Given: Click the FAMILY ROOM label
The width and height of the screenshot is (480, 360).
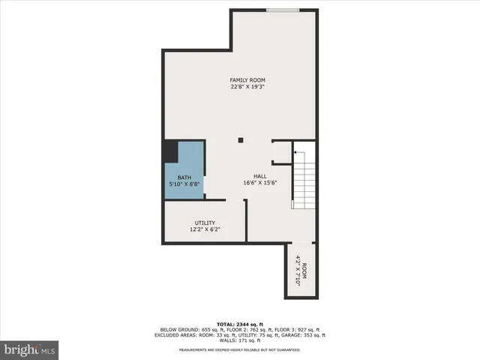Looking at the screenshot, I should coord(247,80).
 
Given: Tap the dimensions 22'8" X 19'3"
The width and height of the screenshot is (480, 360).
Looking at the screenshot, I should coord(247,87).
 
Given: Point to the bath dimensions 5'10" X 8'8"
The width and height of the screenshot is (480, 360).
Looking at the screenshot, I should coord(184,184).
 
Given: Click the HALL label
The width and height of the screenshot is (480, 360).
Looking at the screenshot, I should coord(259,176).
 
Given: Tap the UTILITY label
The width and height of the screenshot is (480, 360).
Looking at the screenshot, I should coord(205,223).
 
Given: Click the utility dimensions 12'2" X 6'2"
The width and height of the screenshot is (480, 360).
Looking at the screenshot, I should coord(205,229).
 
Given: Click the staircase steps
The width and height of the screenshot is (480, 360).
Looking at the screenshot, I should coord(302,184).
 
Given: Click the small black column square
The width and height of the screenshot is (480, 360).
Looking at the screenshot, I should coord(241,140).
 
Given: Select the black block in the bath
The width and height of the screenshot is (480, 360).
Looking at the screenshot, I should coord(172,152).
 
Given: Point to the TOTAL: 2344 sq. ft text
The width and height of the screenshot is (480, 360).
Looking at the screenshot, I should coord(240,323).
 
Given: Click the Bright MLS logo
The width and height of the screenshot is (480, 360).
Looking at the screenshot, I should coord(30,349).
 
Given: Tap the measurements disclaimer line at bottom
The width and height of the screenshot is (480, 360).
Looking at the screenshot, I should coord(240,349).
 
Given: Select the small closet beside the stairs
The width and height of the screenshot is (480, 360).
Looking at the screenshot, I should coord(282,151).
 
